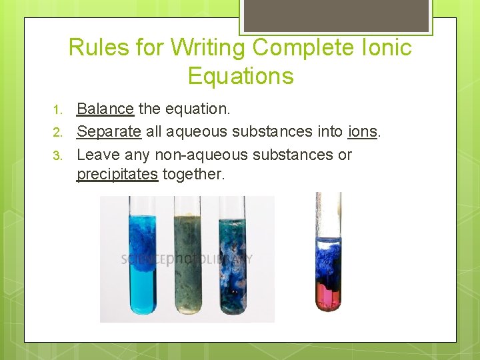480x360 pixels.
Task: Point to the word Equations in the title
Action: [x=241, y=76]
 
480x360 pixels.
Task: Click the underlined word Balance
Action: [x=105, y=109]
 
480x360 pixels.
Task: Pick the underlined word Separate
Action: [x=109, y=131]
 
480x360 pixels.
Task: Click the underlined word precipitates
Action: [x=117, y=175]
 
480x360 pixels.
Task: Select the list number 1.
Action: [x=59, y=109]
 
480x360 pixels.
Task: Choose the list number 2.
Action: [x=59, y=132]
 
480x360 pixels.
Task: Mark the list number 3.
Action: [x=59, y=155]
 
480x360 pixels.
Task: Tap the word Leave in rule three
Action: [x=97, y=155]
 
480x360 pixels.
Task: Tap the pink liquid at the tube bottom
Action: [x=328, y=293]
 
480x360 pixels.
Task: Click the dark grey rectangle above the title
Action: [x=335, y=15]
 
